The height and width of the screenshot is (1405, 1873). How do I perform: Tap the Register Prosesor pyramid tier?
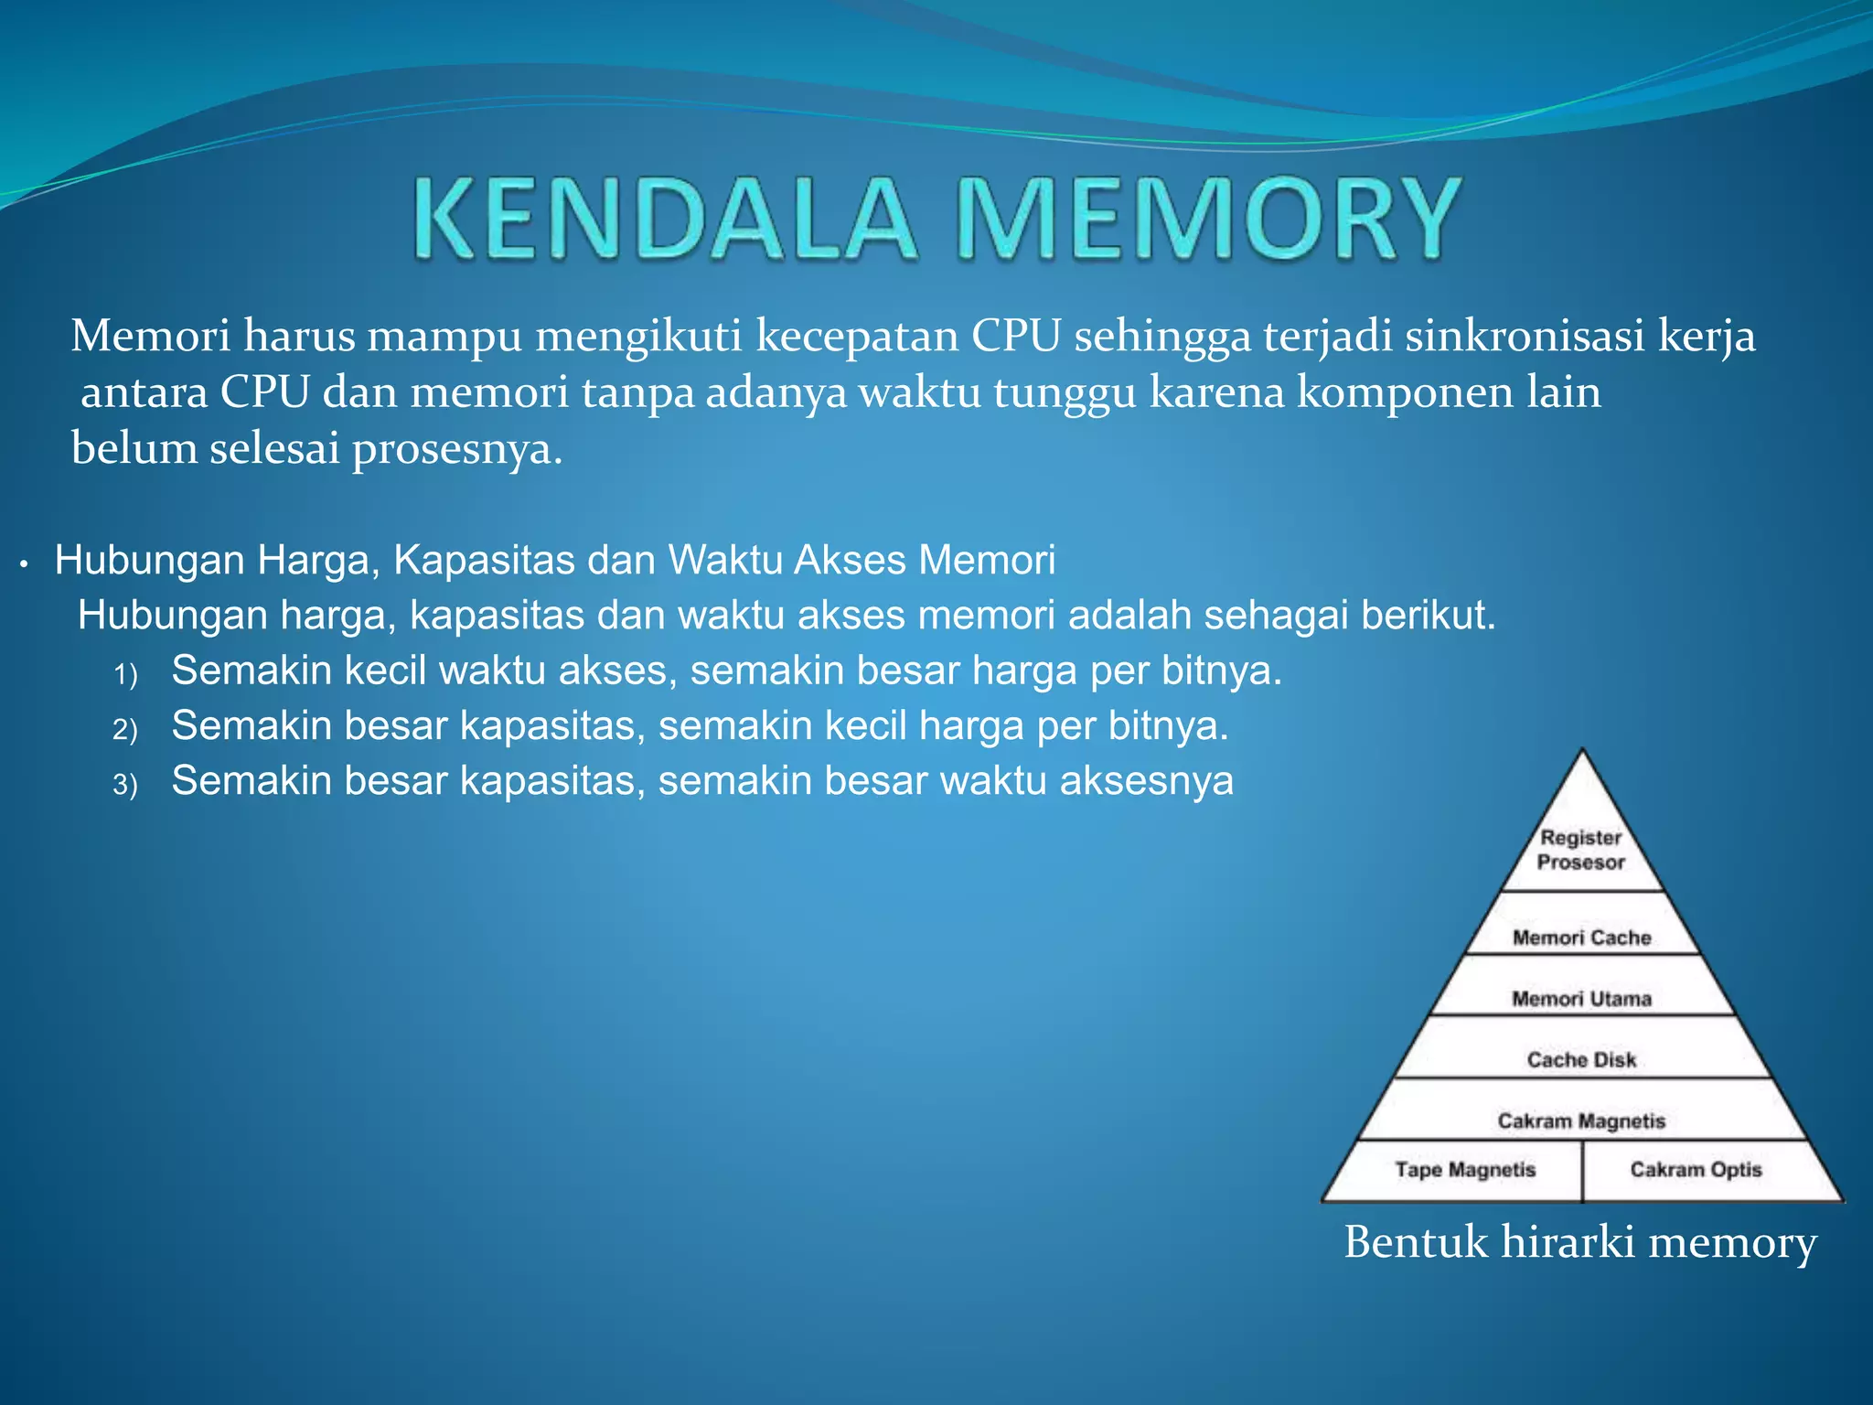click(x=1581, y=850)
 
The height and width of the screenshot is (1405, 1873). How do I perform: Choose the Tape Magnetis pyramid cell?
click(x=1465, y=1170)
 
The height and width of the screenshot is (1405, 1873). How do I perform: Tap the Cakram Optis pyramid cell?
click(x=1696, y=1170)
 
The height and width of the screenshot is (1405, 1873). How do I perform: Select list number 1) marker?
click(x=125, y=675)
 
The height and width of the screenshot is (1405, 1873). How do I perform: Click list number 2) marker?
click(x=125, y=730)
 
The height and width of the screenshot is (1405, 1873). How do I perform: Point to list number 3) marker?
click(x=125, y=785)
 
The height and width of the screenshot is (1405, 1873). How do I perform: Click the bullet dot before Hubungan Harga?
click(x=26, y=564)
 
